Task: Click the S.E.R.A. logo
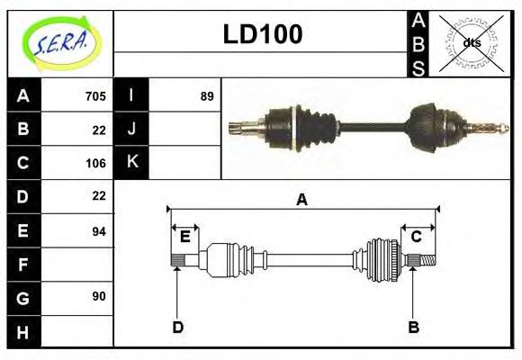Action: click(x=60, y=43)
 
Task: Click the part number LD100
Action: click(x=262, y=35)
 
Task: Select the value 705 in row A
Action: click(x=95, y=96)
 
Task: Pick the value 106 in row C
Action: click(x=95, y=163)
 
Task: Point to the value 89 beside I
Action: click(x=207, y=96)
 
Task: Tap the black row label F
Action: click(x=23, y=265)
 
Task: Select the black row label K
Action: click(x=132, y=163)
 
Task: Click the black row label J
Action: click(x=132, y=129)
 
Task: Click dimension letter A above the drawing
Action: click(x=302, y=200)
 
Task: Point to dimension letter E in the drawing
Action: click(x=184, y=237)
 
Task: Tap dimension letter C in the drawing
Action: click(x=417, y=237)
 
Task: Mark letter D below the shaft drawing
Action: click(x=177, y=327)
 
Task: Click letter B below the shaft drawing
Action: click(x=413, y=327)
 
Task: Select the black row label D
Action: click(x=23, y=196)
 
